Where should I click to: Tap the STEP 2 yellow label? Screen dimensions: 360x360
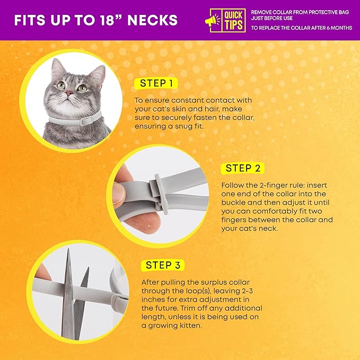coord(245,168)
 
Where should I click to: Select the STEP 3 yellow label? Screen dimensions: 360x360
coord(166,265)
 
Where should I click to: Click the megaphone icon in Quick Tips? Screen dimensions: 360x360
coord(213,20)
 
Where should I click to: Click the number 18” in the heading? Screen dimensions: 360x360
coord(109,20)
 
